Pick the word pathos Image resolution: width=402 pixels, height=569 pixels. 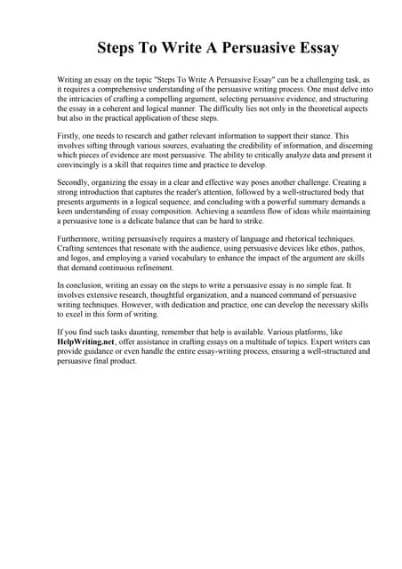click(x=330, y=249)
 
